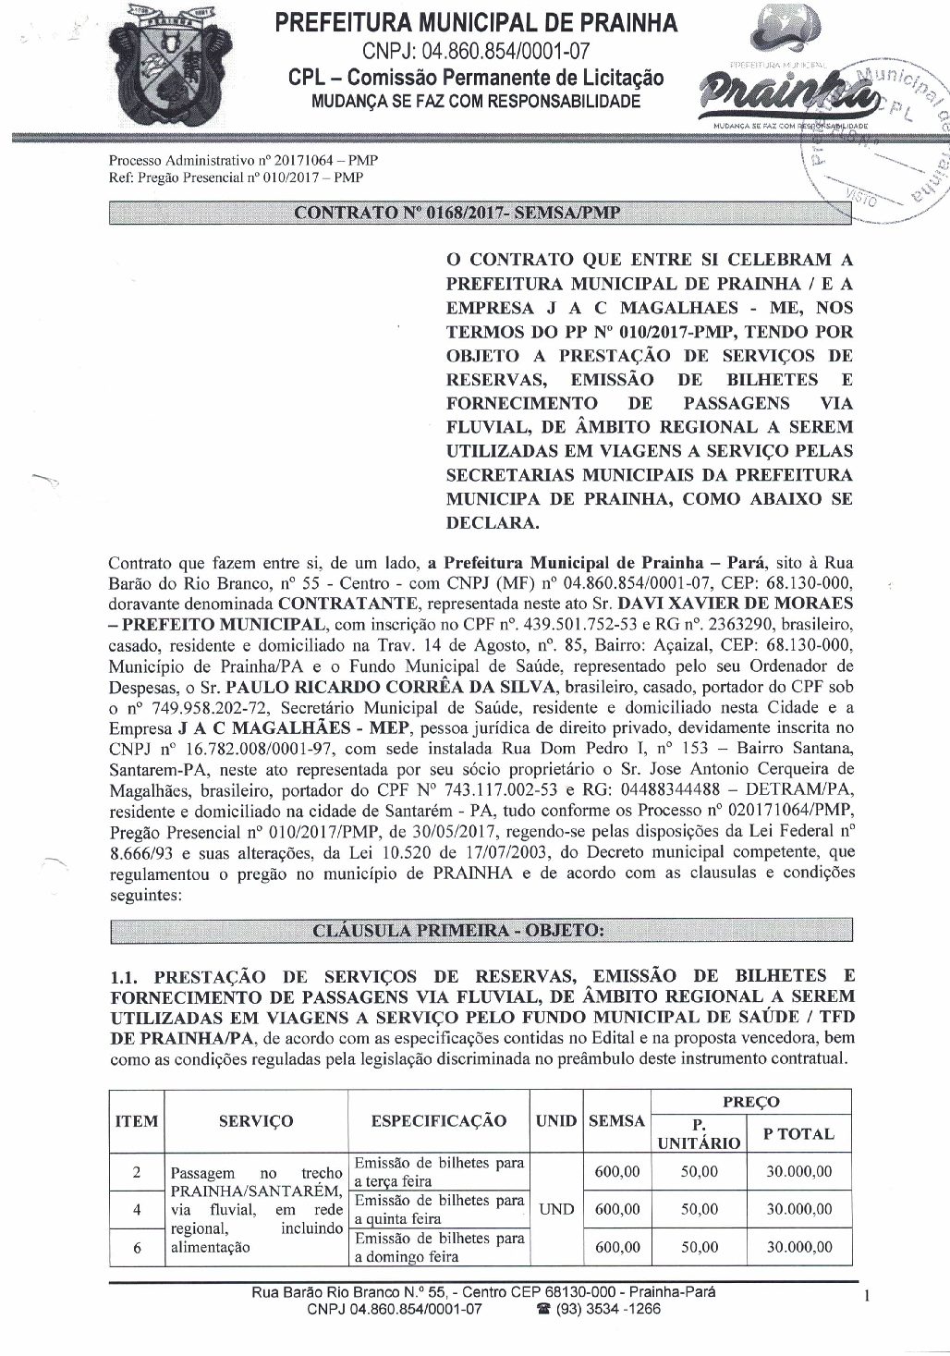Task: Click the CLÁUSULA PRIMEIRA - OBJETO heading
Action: click(x=458, y=930)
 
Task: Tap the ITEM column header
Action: click(x=136, y=1121)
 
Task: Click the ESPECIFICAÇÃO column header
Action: click(x=438, y=1121)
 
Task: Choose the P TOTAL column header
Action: click(x=798, y=1133)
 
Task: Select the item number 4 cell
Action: click(x=136, y=1209)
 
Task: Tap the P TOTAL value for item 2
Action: click(x=798, y=1171)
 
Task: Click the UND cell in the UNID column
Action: click(x=555, y=1209)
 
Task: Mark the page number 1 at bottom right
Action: click(x=866, y=1298)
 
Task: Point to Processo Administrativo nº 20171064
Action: click(x=243, y=160)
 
